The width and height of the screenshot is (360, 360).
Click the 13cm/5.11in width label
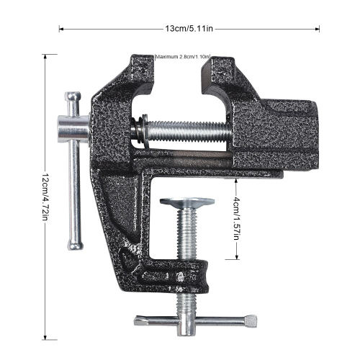189,29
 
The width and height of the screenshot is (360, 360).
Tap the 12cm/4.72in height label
45,197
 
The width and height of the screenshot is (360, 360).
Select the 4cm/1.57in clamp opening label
236,218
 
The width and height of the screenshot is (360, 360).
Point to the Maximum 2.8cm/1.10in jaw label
183,57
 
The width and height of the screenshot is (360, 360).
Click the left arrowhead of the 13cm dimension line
61,30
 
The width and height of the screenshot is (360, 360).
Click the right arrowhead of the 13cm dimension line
318,30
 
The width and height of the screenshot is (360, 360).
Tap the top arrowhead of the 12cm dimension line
45,56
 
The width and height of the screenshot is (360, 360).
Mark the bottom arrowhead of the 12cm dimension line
45,338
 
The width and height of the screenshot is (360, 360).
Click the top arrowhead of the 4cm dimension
236,180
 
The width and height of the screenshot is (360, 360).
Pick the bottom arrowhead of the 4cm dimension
236,257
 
